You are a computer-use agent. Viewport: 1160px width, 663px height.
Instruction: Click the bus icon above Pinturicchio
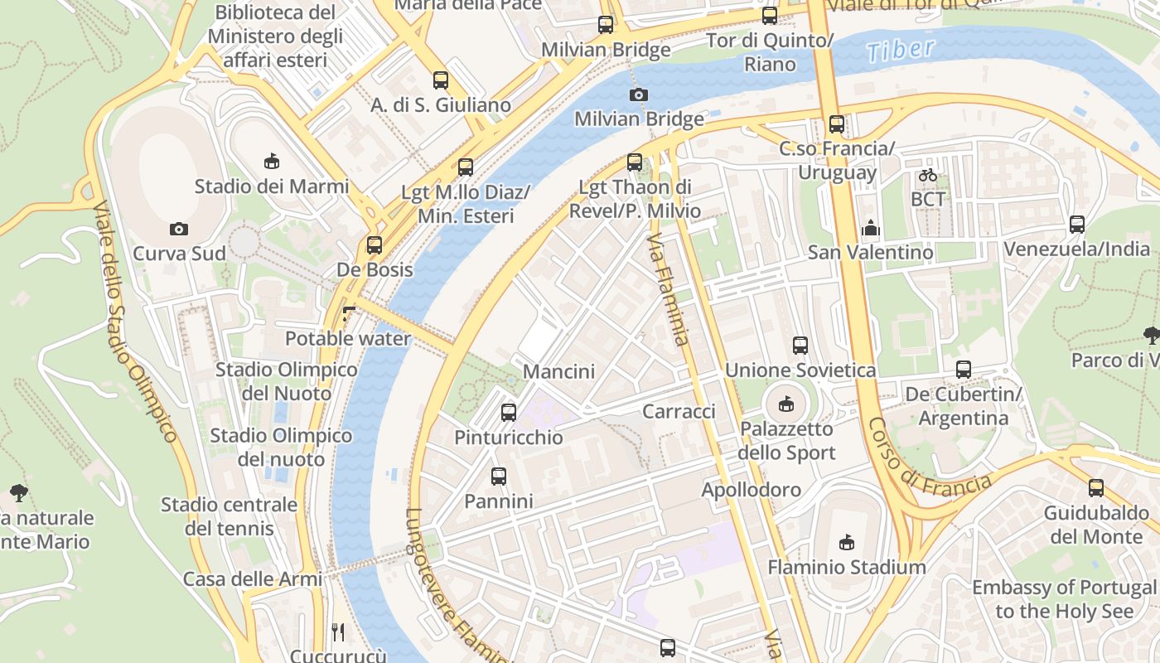coord(509,412)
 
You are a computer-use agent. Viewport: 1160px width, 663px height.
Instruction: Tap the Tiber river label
coord(901,51)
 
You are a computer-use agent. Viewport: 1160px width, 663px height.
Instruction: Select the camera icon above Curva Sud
coord(178,229)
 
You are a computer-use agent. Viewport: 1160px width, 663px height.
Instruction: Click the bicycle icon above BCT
coord(927,175)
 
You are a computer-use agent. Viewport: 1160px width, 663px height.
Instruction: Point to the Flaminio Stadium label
coord(846,568)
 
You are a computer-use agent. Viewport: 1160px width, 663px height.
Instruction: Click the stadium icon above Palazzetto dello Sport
coord(785,404)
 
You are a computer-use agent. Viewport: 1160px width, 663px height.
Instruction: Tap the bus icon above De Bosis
coord(375,245)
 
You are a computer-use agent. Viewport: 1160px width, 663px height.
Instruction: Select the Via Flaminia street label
coord(669,289)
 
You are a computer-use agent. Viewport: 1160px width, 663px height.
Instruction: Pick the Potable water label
coord(347,339)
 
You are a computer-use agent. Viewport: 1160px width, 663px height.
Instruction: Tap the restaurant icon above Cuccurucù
coord(338,632)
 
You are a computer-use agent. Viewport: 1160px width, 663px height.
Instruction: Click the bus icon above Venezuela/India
coord(1077,224)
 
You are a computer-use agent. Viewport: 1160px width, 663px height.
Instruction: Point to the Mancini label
coord(558,371)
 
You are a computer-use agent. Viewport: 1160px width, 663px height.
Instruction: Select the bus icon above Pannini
coord(498,477)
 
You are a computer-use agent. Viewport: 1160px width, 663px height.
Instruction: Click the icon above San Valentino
coord(871,227)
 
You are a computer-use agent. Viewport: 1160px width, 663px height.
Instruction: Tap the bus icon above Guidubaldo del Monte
coord(1096,488)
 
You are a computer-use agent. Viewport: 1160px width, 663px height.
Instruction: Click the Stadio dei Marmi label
coord(271,186)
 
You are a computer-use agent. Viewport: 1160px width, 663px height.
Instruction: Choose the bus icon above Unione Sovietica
coord(800,346)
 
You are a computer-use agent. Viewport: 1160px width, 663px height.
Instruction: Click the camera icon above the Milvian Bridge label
coord(638,94)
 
